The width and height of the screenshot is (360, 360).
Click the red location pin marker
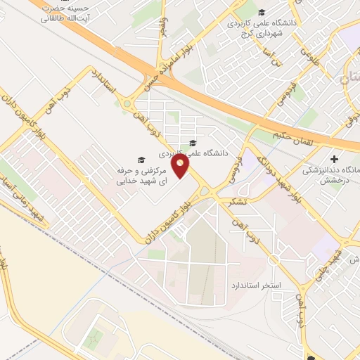(181, 167)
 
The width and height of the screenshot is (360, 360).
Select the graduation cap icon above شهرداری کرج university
(262, 12)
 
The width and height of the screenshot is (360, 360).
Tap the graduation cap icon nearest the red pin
(193, 143)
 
